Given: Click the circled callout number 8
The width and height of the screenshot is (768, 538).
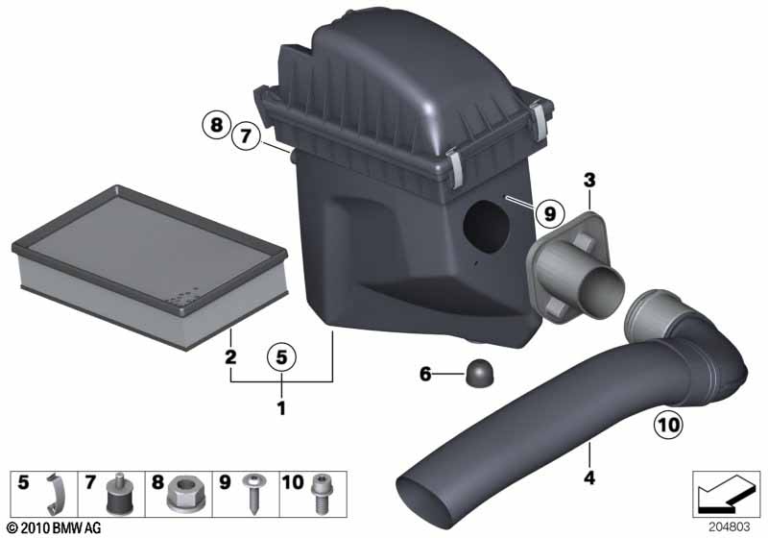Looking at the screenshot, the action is (216, 125).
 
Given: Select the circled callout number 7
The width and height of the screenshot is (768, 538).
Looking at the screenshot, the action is (246, 135).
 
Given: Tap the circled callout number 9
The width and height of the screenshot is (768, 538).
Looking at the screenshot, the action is (549, 213).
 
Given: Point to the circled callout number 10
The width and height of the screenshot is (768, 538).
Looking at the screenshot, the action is (668, 425).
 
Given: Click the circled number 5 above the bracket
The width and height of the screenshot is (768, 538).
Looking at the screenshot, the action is (281, 357).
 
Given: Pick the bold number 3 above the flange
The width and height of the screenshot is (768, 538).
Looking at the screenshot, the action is (589, 181).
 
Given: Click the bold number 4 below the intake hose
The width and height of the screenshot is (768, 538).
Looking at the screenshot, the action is (589, 477).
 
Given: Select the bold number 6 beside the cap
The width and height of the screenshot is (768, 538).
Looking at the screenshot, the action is (425, 375).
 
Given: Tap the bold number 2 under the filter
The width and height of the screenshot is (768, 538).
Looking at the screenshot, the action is (230, 356).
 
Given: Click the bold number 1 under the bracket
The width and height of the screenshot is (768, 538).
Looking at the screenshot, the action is (281, 408).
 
